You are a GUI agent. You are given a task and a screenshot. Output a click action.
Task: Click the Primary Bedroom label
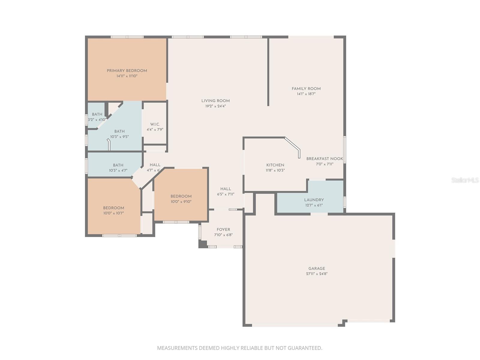coord(127,71)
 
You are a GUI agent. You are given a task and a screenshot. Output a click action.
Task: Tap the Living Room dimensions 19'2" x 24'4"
coord(215,106)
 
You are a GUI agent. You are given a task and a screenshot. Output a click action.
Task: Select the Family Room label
coord(306,88)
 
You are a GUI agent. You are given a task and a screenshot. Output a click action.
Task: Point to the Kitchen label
coord(275,165)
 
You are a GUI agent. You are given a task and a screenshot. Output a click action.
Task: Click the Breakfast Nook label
coord(324,159)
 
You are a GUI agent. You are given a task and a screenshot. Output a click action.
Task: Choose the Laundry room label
coord(314,200)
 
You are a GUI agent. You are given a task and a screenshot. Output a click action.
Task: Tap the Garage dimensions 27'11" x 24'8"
coord(316,274)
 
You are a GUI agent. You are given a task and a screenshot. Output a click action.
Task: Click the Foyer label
coord(223,229)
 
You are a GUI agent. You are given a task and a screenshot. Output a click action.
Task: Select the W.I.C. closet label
coord(155,124)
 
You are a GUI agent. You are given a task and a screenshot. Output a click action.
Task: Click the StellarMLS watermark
coord(465,180)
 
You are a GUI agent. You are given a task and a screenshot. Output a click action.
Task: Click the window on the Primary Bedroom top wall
coord(127,37)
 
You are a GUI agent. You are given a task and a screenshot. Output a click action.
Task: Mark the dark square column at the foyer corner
coord(202,244)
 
